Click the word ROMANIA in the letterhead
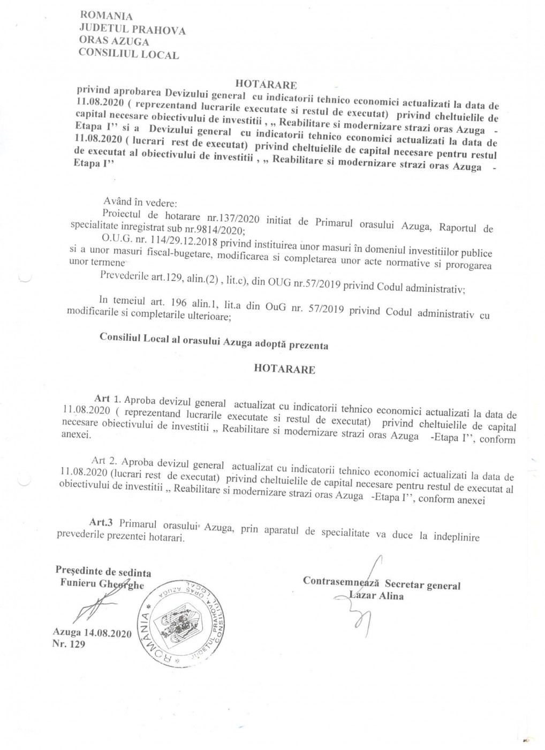(x=105, y=16)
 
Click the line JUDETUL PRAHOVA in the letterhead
(x=132, y=29)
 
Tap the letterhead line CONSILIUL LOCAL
(x=128, y=54)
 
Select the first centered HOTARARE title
(x=266, y=84)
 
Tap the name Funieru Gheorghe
(x=102, y=584)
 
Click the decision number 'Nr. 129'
(x=69, y=644)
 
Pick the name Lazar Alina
(x=376, y=596)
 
